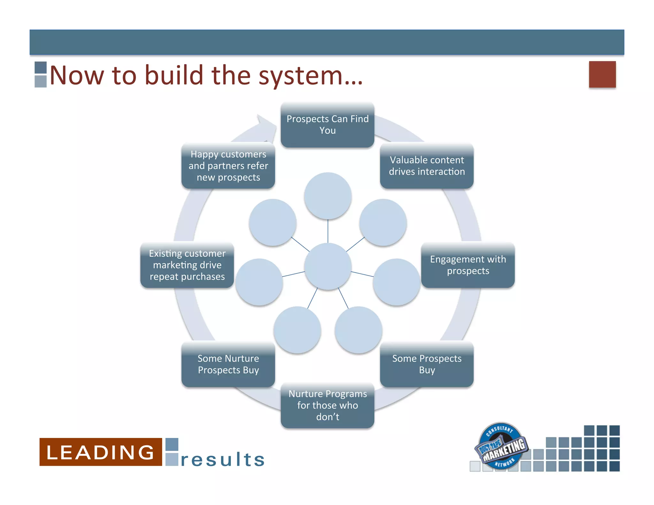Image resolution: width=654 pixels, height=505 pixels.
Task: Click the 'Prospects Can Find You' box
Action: point(327,125)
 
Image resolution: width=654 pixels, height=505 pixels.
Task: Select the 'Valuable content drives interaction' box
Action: point(427,166)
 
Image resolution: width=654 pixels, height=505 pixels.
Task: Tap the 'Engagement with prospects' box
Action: point(468,265)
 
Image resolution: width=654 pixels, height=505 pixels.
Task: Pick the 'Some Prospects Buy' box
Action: point(427,364)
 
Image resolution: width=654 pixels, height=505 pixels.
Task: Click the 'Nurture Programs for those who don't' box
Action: point(327,405)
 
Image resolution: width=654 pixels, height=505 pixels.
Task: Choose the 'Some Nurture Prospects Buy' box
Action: point(228,364)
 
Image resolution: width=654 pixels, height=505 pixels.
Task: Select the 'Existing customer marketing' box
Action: point(187,265)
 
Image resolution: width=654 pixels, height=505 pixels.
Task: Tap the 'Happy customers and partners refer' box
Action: point(228,166)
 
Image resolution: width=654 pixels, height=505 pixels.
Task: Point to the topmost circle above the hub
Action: point(328,196)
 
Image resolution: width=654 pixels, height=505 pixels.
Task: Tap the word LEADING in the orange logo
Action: point(101,452)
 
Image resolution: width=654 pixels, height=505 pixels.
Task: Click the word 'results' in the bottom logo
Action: point(223,460)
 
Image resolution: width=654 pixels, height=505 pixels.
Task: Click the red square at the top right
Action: point(602,74)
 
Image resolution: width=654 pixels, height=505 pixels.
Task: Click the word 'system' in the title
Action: point(300,76)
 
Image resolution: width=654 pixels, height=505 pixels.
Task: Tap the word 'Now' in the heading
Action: point(77,76)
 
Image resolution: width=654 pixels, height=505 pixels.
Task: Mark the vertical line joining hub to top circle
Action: point(328,231)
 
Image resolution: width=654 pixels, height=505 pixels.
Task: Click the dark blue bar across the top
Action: point(327,42)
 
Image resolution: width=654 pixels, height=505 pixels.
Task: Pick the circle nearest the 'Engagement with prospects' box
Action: point(396,282)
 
